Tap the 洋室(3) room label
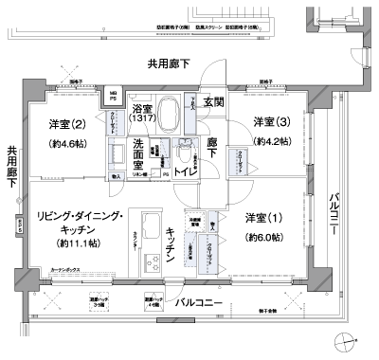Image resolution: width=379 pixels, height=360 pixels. coord(272,120)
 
